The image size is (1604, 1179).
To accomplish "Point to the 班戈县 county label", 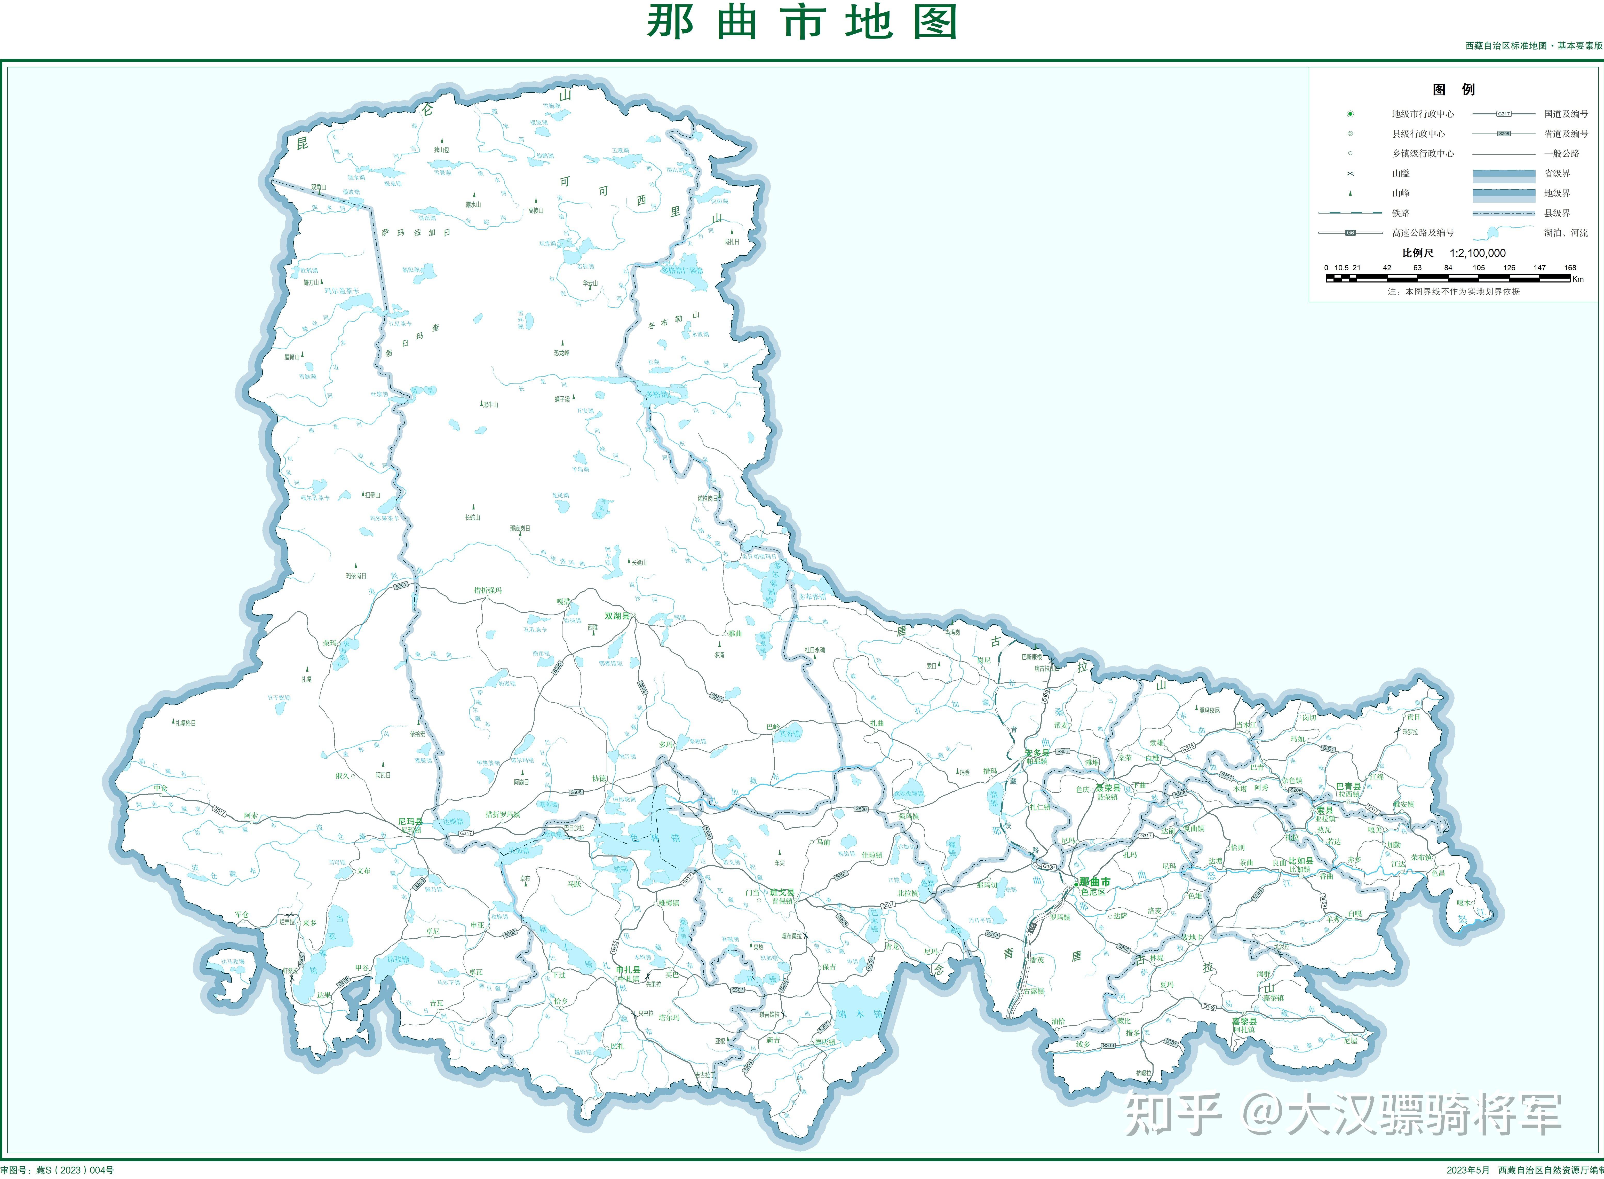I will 781,892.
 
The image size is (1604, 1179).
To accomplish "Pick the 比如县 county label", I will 1301,861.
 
